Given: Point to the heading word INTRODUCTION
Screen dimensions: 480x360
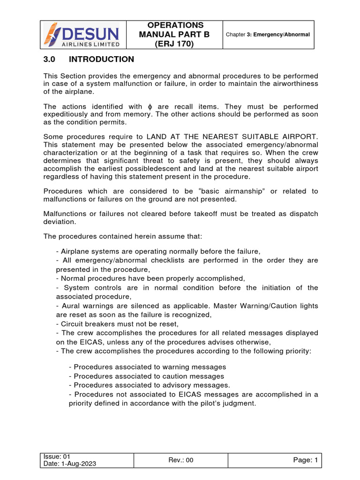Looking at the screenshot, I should tap(101, 60).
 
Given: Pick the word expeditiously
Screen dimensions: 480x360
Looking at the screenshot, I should tap(67, 114).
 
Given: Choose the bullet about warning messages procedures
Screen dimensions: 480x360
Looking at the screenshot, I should tap(147, 367).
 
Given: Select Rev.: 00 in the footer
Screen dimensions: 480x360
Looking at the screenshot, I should tap(180, 460).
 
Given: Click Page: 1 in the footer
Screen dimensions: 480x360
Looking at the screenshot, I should tap(306, 460).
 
